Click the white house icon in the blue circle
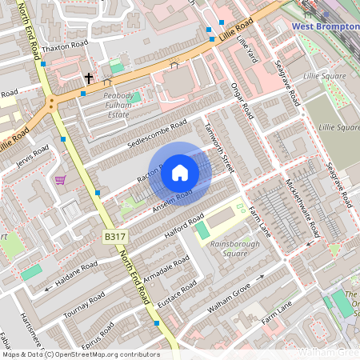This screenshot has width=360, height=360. coord(180,172)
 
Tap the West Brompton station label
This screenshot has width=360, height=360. coord(325,26)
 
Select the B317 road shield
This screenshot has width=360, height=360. coord(114,237)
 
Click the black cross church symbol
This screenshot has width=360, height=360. coord(89,78)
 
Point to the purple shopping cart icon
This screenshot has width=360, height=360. coord(60,180)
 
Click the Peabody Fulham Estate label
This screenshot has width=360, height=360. coord(106,105)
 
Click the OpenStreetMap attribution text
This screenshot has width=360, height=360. coord(80,354)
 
